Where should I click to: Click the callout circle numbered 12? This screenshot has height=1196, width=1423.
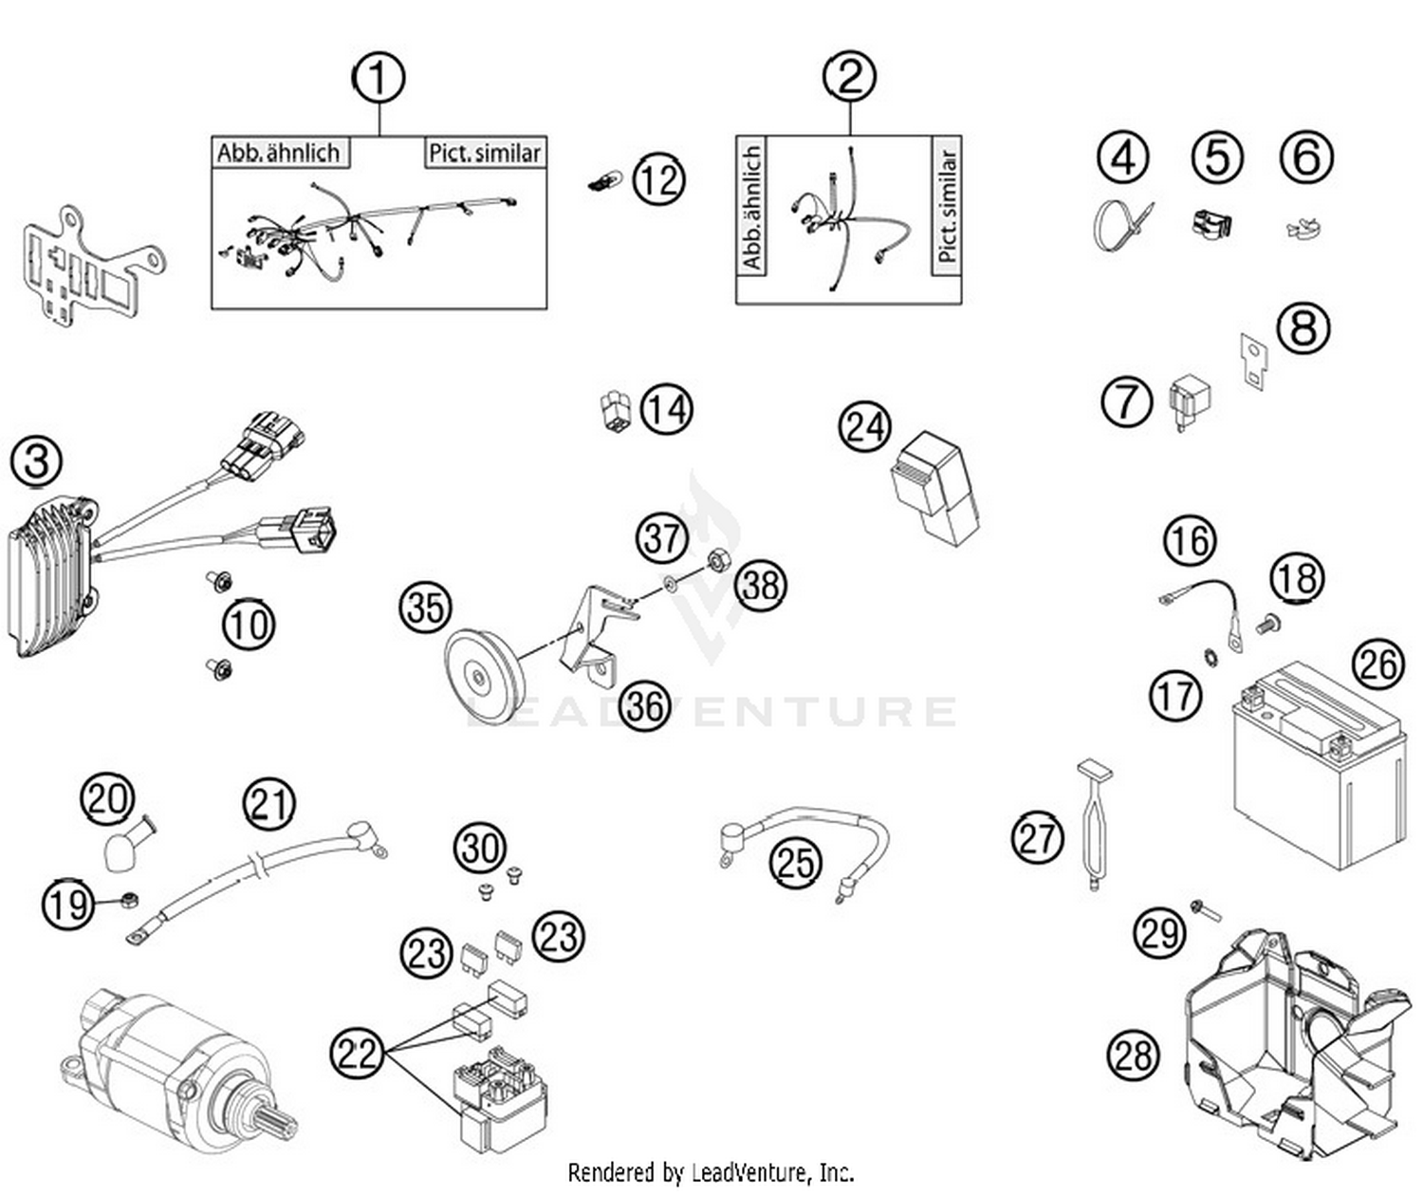point(658,178)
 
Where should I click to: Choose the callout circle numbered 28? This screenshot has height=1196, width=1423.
point(1134,1055)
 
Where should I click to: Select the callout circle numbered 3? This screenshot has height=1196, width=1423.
point(36,461)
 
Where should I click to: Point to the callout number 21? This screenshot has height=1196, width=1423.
point(269,804)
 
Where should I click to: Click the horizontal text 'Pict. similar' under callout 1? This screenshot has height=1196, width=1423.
point(485,153)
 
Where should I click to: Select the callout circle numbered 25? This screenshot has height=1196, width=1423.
point(795,862)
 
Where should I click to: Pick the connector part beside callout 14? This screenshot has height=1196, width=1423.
point(616,411)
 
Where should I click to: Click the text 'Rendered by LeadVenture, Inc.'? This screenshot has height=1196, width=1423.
point(711,1172)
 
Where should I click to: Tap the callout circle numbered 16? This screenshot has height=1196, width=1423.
point(1190,540)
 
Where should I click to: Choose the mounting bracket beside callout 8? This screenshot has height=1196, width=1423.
point(1253,362)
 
